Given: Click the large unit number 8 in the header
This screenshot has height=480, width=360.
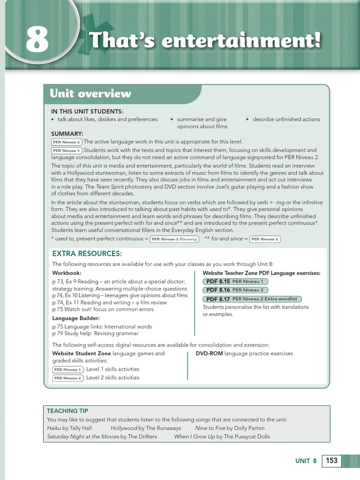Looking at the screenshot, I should click(37, 40).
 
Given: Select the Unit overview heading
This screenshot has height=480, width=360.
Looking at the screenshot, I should click(90, 93).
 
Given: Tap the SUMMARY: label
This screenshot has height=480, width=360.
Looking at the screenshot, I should click(67, 134).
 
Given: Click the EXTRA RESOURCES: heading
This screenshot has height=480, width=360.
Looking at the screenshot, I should click(87, 254).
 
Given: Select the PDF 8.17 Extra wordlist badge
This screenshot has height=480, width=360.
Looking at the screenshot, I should click(252, 299).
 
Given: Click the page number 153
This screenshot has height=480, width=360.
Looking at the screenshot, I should click(331, 460).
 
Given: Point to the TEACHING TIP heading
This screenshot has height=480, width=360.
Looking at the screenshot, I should click(67, 411).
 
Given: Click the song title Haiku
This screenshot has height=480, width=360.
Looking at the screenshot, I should click(54, 428).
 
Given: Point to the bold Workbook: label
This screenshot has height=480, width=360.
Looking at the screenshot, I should click(67, 273).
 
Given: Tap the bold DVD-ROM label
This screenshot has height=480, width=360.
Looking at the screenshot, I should click(209, 353).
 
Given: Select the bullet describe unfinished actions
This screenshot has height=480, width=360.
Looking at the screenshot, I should click(286, 119).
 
